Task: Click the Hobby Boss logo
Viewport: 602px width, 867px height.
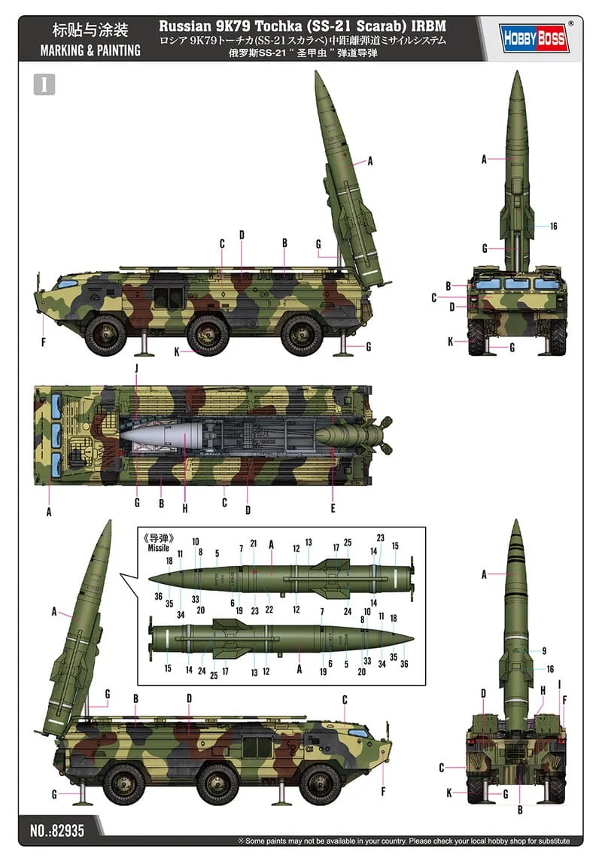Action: [x=534, y=38]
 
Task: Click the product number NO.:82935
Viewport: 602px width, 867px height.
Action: [x=57, y=831]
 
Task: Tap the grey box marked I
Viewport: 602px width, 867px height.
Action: [x=44, y=84]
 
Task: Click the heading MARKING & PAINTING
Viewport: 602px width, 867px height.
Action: [x=90, y=50]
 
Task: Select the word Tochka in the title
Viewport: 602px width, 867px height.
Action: [x=278, y=26]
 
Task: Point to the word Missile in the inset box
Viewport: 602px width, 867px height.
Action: [x=158, y=547]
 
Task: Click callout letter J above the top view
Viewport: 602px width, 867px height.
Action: [x=136, y=368]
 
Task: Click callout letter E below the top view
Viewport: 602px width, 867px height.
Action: [x=333, y=507]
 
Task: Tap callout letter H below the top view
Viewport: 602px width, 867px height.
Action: [x=184, y=508]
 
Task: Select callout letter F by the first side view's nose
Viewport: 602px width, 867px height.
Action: [x=43, y=342]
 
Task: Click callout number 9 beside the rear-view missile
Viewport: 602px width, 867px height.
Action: [x=544, y=651]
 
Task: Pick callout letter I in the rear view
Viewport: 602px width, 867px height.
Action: [x=559, y=685]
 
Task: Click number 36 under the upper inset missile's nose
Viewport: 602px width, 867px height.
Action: [x=159, y=596]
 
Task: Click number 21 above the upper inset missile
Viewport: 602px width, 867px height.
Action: [x=253, y=543]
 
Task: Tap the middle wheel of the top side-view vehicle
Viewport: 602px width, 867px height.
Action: [x=208, y=333]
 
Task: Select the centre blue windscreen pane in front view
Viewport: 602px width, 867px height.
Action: [x=517, y=284]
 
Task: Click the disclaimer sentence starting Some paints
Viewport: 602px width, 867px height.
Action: [x=407, y=841]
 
